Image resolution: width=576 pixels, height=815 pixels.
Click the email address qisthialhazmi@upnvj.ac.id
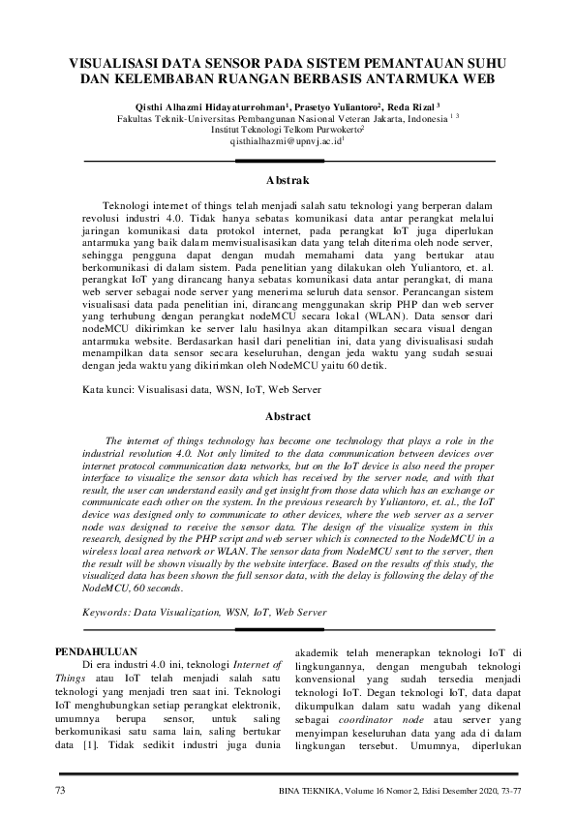(287, 140)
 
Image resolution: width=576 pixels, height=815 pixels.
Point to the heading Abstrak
(288, 180)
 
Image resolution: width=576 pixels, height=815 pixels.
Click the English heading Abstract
(288, 416)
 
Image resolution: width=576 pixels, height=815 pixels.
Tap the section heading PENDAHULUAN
(97, 650)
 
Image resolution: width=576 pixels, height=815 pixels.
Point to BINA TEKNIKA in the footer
(308, 792)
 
